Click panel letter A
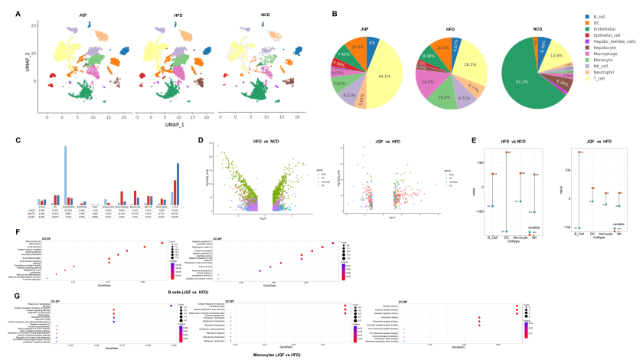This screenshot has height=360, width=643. click(18, 13)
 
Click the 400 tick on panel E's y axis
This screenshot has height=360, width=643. click(455, 163)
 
